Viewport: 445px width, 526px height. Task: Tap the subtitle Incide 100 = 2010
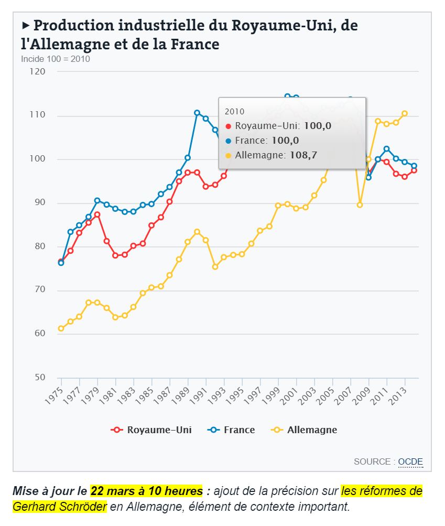[x=55, y=59]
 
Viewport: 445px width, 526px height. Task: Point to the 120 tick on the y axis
[x=38, y=71]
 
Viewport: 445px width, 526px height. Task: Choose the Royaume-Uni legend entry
[x=152, y=430]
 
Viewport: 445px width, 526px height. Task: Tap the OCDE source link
[x=410, y=461]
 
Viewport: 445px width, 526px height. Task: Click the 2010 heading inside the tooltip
[x=234, y=111]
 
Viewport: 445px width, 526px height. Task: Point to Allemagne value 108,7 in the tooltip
[x=304, y=155]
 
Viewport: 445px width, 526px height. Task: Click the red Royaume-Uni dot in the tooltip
[x=228, y=126]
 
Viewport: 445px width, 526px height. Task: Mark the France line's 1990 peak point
[x=197, y=113]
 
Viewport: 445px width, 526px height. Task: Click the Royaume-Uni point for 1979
[x=97, y=214]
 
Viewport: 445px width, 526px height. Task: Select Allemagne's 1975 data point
[x=61, y=328]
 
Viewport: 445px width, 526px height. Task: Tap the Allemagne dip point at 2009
[x=360, y=205]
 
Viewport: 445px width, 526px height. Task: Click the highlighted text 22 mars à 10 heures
[x=146, y=491]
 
